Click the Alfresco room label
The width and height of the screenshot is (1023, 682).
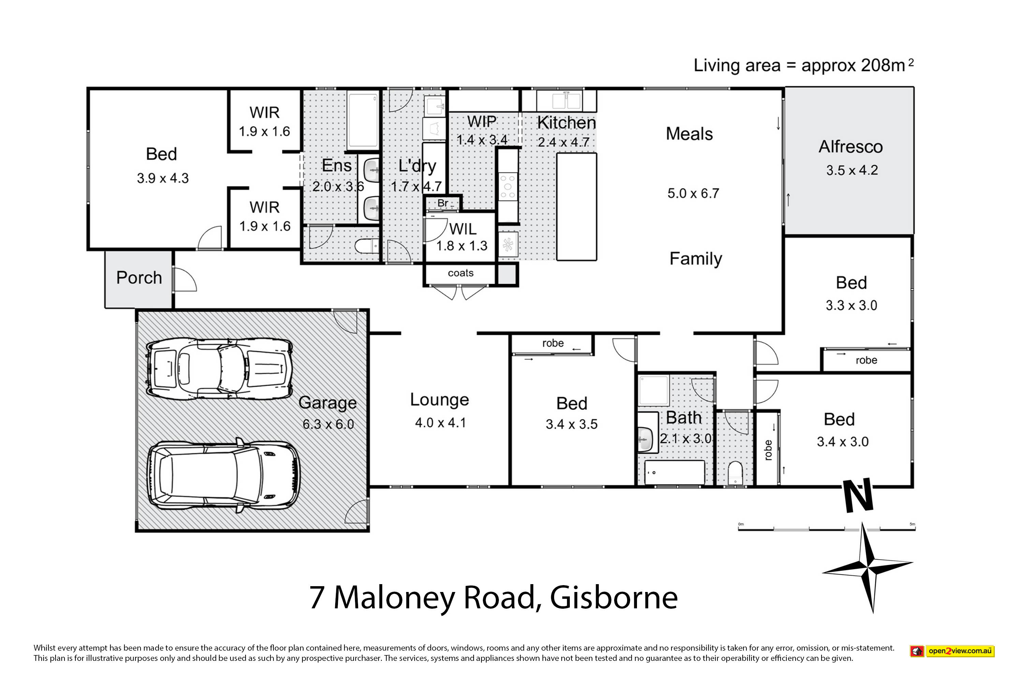[850, 147]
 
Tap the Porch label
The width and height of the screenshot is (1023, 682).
[139, 278]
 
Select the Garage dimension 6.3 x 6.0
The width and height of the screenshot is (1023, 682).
[328, 424]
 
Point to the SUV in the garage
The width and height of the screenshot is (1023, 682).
[224, 475]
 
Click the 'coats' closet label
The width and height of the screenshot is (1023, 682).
[461, 273]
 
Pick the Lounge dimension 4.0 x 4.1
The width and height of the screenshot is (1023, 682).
[440, 423]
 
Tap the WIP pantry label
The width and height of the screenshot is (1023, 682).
[481, 122]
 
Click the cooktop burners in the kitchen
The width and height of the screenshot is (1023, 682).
[508, 187]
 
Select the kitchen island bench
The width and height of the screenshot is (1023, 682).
[576, 207]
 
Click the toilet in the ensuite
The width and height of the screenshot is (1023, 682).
[367, 247]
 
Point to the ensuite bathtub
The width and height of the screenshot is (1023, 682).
[363, 120]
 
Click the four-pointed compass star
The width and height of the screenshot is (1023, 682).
[868, 567]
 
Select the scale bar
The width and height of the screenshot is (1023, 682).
[826, 529]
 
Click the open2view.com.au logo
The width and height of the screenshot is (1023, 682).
[952, 651]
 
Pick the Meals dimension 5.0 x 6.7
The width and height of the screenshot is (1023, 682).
[693, 194]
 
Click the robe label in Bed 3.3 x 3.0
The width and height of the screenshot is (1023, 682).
[866, 360]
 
